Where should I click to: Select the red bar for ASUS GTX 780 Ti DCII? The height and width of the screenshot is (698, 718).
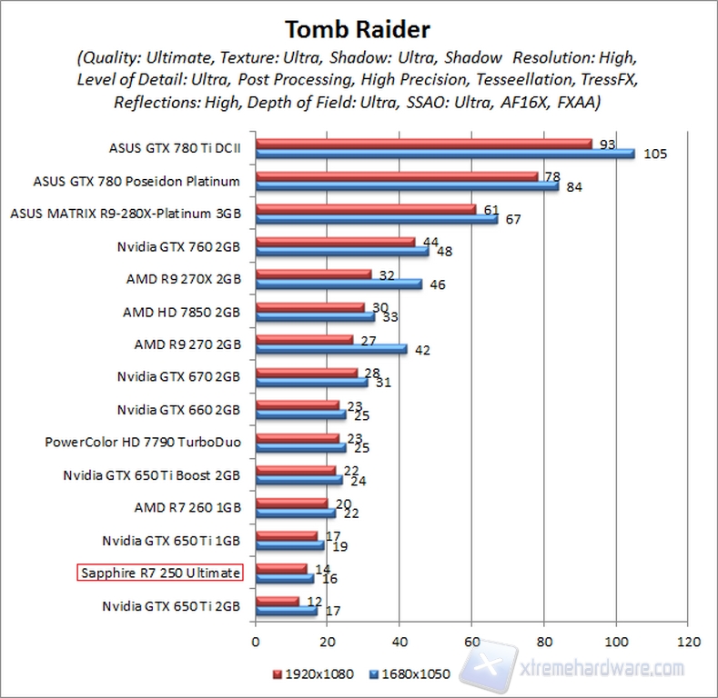point(423,144)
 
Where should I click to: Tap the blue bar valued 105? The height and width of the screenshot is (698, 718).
point(445,154)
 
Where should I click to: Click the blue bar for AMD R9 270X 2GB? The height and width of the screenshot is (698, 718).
point(339,284)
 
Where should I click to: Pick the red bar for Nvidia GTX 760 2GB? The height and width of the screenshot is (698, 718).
point(335,242)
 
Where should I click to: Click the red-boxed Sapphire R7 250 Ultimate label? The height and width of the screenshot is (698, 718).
point(159,573)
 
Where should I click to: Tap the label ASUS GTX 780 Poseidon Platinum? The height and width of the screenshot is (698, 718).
point(137,181)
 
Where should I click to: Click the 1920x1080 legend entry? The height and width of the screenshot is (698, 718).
point(311,673)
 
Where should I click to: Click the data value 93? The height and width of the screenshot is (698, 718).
point(605,144)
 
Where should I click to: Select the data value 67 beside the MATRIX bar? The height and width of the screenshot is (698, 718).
point(512,219)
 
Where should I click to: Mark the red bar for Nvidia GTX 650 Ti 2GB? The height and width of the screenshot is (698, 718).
point(278,601)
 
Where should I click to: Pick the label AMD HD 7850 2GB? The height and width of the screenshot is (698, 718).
point(181,312)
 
